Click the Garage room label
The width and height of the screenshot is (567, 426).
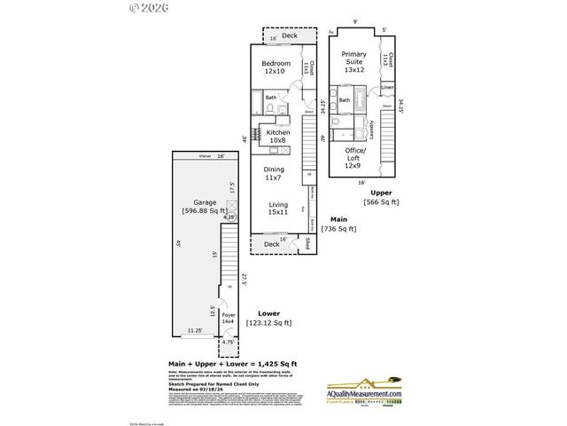point(193,201)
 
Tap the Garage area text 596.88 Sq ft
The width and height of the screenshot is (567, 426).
point(199,210)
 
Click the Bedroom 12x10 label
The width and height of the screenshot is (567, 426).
point(276,67)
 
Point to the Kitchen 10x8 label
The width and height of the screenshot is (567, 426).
point(276,136)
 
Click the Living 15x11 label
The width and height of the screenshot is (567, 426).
point(278,209)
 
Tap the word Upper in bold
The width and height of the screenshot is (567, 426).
point(382,192)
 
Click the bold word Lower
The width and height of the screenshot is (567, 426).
point(269,313)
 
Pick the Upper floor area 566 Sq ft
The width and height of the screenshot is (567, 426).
point(382,201)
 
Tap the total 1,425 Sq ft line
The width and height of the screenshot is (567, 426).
point(232,364)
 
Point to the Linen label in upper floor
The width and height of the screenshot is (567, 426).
point(387,87)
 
